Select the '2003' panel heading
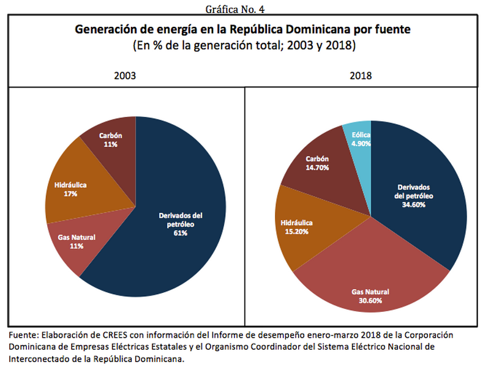125,76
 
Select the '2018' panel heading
361,76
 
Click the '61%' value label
181,234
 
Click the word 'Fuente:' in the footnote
23,335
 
